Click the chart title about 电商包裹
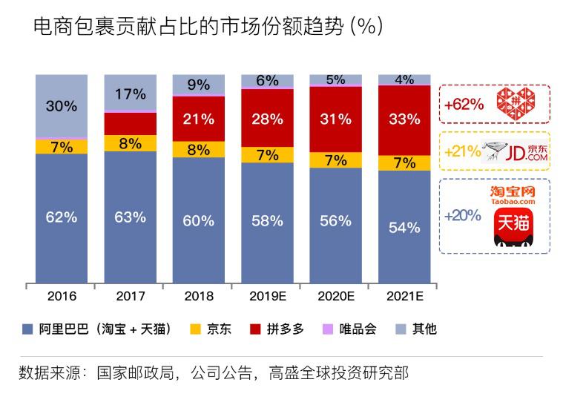pos(208,27)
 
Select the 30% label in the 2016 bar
pos(61,106)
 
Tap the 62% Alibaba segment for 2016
pos(61,217)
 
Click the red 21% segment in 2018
pos(198,119)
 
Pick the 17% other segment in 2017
pos(130,94)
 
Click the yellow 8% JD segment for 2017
pos(130,143)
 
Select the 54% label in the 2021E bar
pos(404,227)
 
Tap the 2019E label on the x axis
pos(266,296)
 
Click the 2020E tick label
pos(335,296)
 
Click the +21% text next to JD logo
pos(461,153)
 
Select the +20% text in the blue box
pos(462,216)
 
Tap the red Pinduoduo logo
pos(513,104)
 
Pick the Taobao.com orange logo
pos(513,195)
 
